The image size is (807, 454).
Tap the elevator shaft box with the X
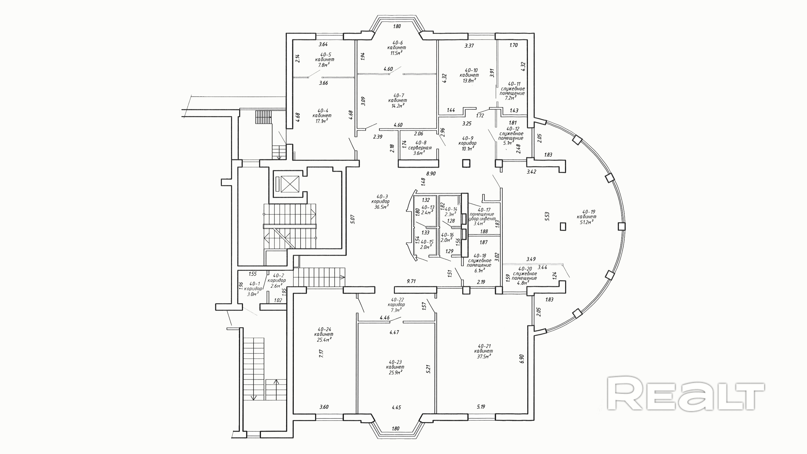coord(290,184)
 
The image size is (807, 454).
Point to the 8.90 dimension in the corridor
coord(431,173)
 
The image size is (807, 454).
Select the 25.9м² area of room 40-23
coord(394,372)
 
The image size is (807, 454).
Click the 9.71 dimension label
coord(411,281)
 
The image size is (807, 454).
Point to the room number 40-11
coord(514,84)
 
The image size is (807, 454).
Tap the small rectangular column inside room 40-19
coord(563,226)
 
